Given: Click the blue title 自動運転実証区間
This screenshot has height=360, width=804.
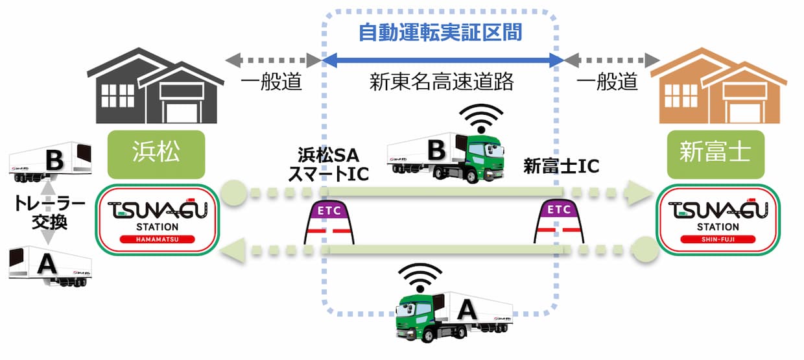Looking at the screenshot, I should pyautogui.click(x=440, y=32).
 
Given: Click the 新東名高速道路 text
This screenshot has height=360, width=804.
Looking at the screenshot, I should pyautogui.click(x=441, y=81).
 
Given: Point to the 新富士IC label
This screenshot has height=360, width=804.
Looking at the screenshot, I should pyautogui.click(x=561, y=167).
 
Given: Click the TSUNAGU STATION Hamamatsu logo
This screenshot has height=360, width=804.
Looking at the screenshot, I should pyautogui.click(x=158, y=220).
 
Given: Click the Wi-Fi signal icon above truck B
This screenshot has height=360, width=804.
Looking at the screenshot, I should pyautogui.click(x=480, y=117).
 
